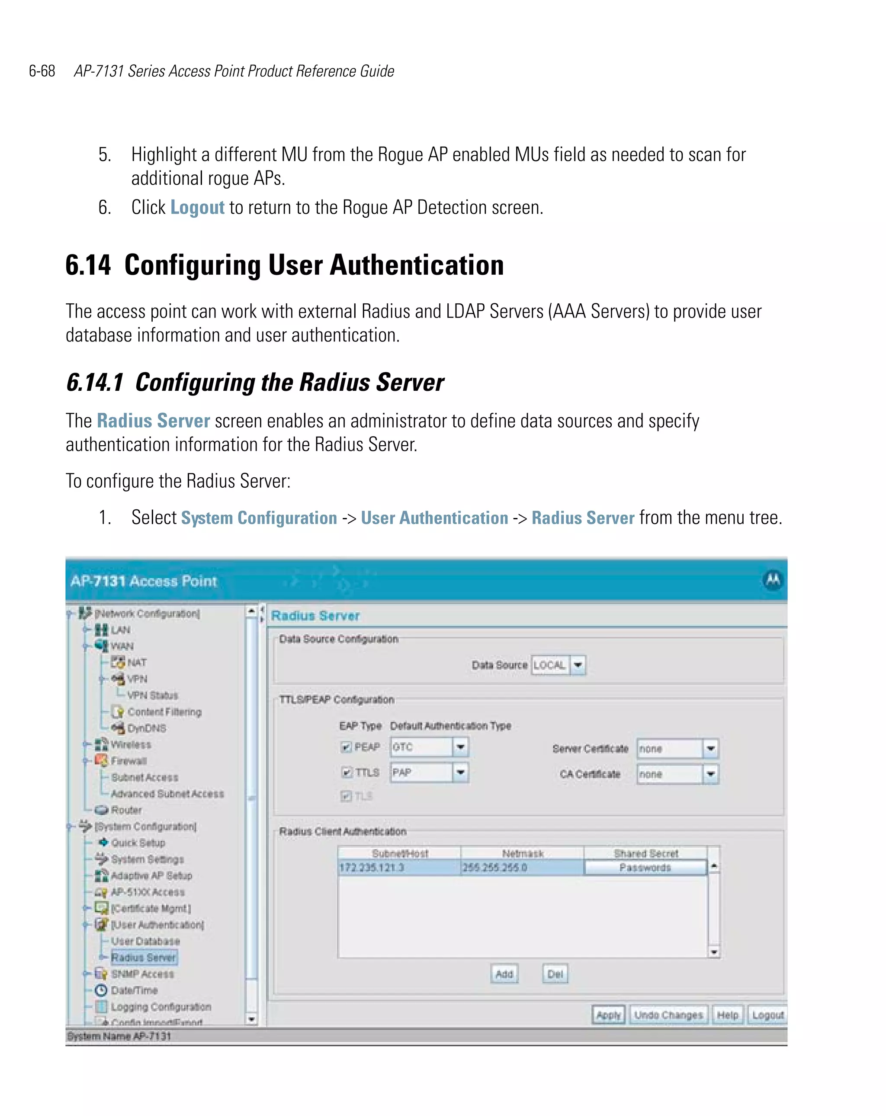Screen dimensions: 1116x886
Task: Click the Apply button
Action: click(x=608, y=1015)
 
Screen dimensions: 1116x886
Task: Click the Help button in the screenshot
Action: click(x=727, y=1015)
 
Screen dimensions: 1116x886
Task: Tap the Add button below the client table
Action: click(x=504, y=974)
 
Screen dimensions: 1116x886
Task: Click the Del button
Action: click(x=555, y=974)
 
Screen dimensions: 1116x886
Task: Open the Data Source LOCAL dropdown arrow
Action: click(x=578, y=665)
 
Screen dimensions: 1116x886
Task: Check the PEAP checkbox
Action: click(x=346, y=747)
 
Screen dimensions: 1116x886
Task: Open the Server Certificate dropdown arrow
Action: click(x=710, y=749)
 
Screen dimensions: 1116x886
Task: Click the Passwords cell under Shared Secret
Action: click(x=645, y=868)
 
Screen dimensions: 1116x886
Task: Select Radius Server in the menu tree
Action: click(x=143, y=958)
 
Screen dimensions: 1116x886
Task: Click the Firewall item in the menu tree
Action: click(x=129, y=761)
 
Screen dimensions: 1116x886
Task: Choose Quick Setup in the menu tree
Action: click(x=138, y=843)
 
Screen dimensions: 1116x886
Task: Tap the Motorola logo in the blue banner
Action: click(x=773, y=580)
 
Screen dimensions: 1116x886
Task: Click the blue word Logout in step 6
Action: click(x=197, y=208)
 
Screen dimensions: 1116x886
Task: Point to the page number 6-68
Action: click(x=42, y=71)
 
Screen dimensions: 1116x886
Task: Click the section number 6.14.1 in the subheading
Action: click(x=95, y=383)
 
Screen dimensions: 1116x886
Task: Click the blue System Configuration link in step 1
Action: click(x=259, y=518)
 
